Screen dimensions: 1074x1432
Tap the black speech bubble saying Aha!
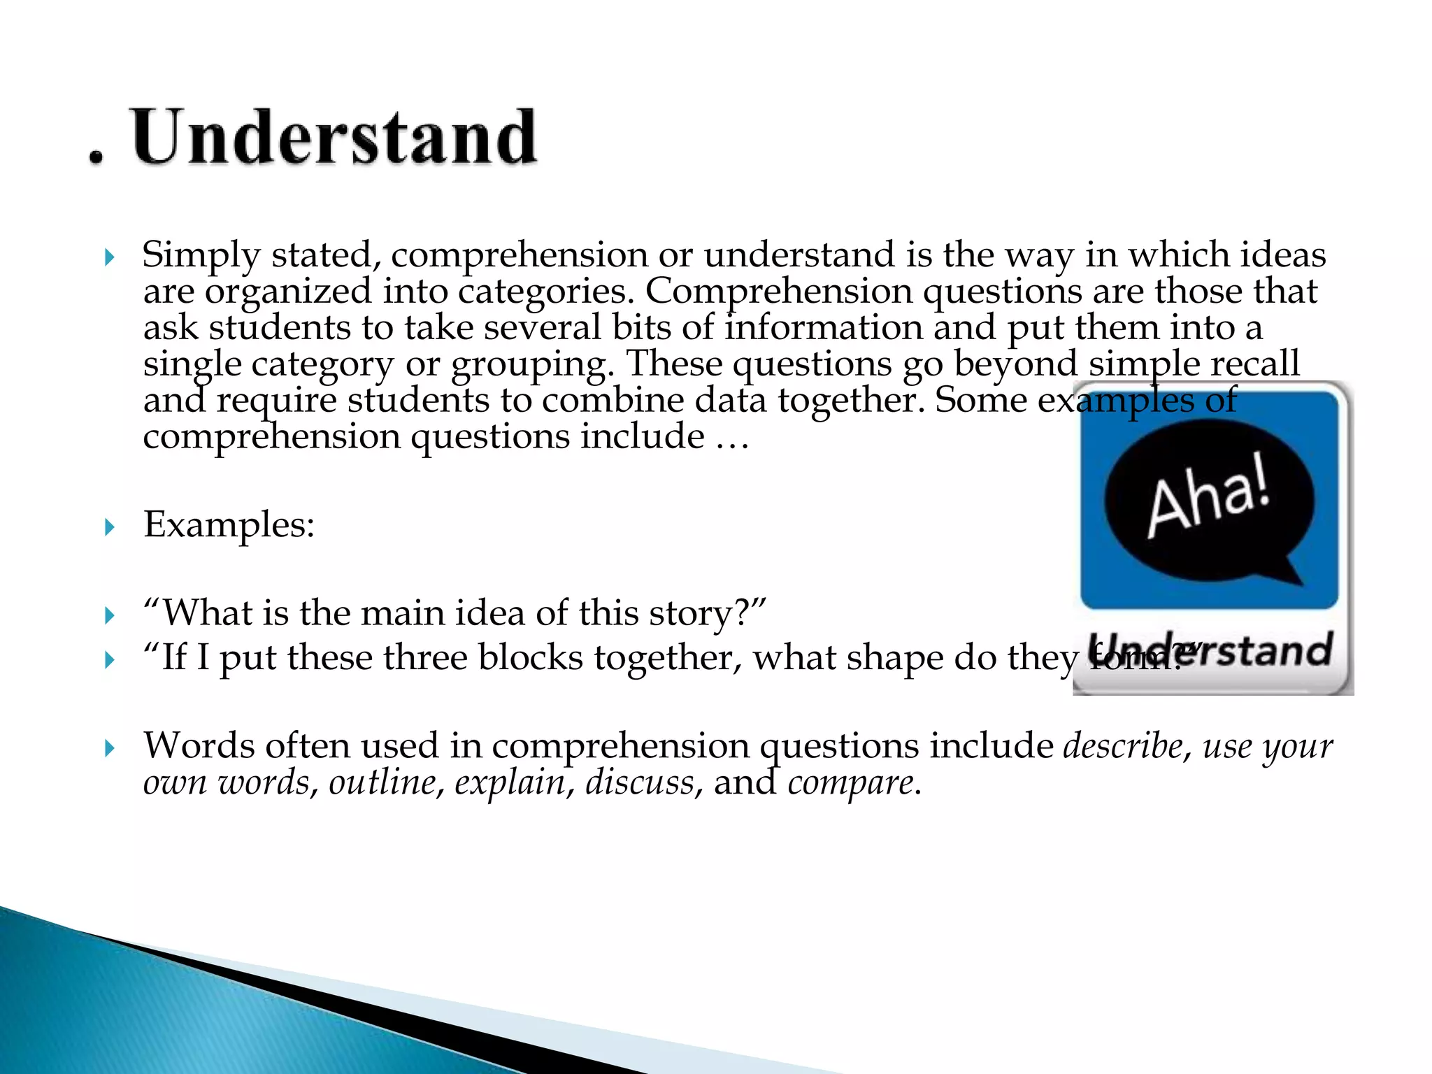click(1208, 501)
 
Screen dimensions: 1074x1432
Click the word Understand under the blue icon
click(1210, 651)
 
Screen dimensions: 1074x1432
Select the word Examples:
click(229, 524)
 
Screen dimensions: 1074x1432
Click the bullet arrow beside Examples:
click(109, 527)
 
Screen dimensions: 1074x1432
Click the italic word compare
click(850, 782)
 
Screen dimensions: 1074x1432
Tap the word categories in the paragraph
click(545, 292)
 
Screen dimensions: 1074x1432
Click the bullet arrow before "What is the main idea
click(109, 616)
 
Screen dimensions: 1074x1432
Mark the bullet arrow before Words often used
click(109, 749)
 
